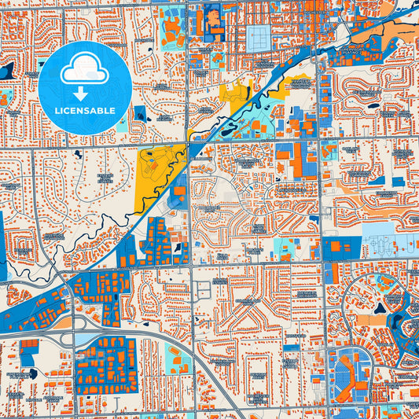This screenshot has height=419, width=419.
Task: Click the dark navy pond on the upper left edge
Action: click(x=6, y=71)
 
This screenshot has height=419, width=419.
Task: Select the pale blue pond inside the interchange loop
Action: click(x=86, y=339)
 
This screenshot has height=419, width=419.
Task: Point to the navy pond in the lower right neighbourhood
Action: click(x=385, y=309)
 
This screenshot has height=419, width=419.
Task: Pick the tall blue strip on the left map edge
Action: click(x=3, y=244)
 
